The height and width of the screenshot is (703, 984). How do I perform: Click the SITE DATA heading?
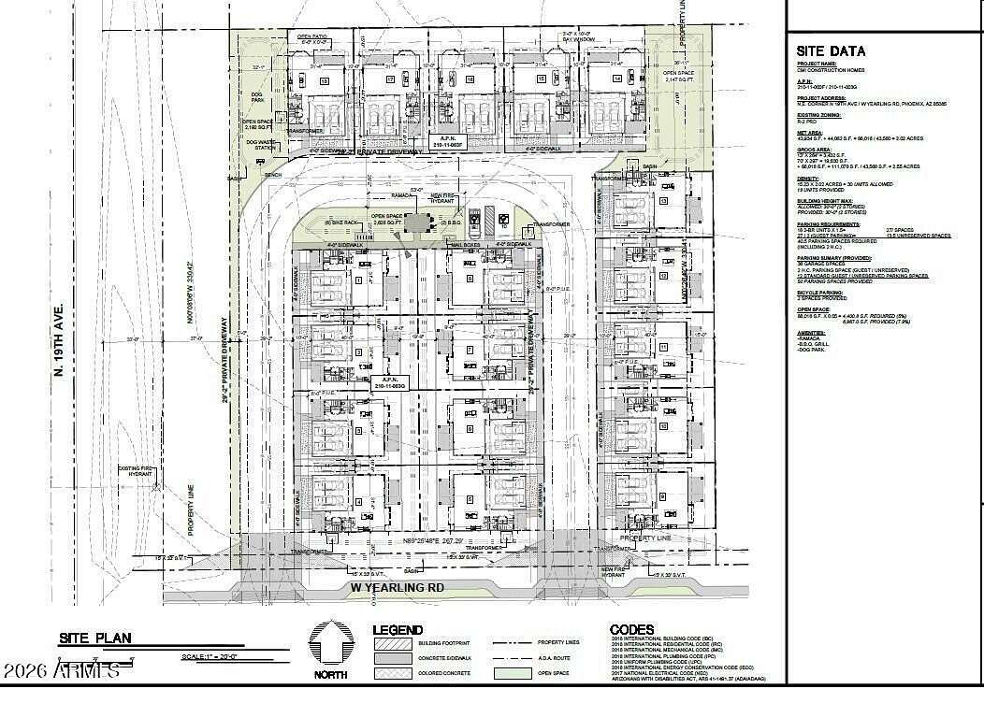point(831,51)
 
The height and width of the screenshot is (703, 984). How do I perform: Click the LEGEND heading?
point(398,630)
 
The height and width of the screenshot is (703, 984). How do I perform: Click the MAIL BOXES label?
point(466,245)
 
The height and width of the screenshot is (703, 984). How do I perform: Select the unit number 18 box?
point(325,81)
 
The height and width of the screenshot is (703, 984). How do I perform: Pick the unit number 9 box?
point(663,496)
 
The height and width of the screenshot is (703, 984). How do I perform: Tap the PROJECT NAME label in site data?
point(814,65)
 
